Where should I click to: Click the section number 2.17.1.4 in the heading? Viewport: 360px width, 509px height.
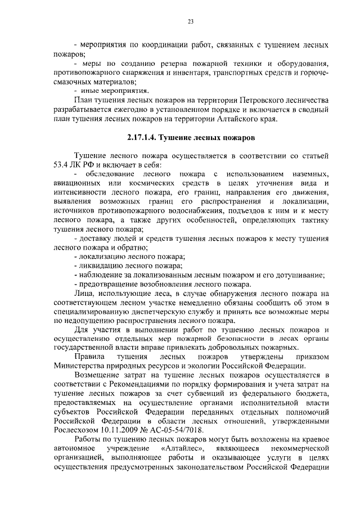[x=142, y=137]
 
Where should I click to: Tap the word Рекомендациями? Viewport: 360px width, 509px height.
[x=142, y=385]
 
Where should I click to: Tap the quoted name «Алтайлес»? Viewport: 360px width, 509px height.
[x=182, y=449]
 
